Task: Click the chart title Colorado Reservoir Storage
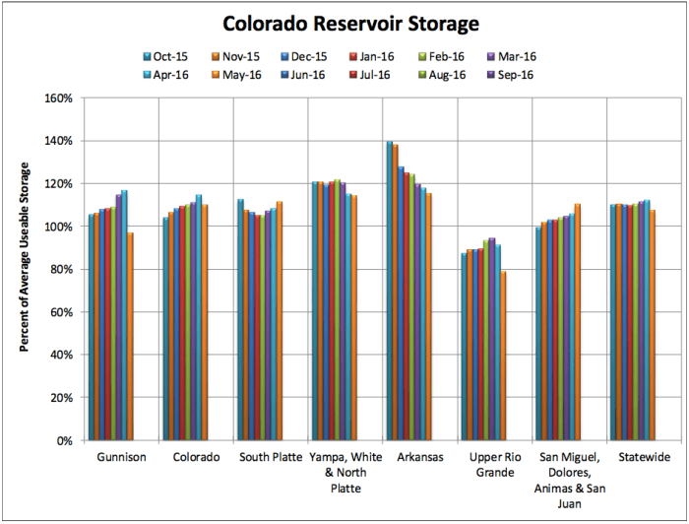[344, 23]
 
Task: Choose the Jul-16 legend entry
[433, 74]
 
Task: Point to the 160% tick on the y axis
[59, 98]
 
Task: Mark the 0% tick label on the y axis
[64, 440]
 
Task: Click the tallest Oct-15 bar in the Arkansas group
[389, 291]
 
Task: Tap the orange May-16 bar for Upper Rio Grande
[504, 356]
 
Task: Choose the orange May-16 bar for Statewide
[654, 325]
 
